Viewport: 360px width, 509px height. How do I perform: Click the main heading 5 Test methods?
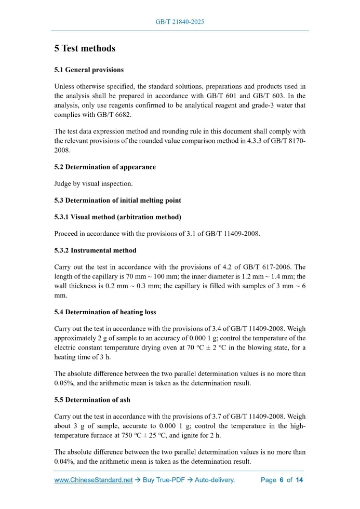coord(85,48)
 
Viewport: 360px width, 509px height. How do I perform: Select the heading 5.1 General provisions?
coord(89,70)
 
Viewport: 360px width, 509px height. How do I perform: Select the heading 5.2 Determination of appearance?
coord(105,167)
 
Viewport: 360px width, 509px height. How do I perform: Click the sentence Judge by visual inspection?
coord(94,183)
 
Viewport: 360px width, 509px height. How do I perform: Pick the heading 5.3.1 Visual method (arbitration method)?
coord(117,216)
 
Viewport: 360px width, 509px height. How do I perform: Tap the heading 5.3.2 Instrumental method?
coord(95,250)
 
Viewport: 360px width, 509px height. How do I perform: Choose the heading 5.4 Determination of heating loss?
coord(105,312)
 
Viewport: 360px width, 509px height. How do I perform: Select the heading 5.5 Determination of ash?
coord(92,400)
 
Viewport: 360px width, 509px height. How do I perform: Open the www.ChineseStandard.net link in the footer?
coord(94,480)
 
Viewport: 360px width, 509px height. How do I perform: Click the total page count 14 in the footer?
coord(299,480)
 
